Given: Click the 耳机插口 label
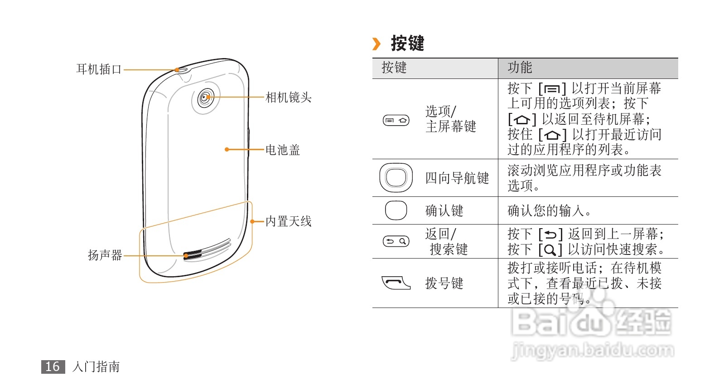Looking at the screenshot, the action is pyautogui.click(x=99, y=69).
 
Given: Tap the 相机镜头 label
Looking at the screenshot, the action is pyautogui.click(x=288, y=98).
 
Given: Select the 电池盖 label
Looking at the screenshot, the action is pyautogui.click(x=283, y=150).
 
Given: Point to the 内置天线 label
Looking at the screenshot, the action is pyautogui.click(x=288, y=221).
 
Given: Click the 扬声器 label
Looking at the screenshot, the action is pyautogui.click(x=105, y=255).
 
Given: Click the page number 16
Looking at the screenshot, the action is pyautogui.click(x=53, y=367).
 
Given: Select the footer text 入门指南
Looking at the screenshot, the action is pyautogui.click(x=96, y=367).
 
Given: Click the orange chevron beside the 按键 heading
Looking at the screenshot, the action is pyautogui.click(x=376, y=44).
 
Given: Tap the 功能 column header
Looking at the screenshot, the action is pyautogui.click(x=520, y=68).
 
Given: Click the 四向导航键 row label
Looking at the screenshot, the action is pyautogui.click(x=457, y=178).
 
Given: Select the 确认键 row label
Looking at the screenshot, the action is pyautogui.click(x=444, y=210).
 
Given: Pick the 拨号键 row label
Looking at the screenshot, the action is pyautogui.click(x=444, y=283).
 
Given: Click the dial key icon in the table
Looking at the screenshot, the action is pyautogui.click(x=396, y=283).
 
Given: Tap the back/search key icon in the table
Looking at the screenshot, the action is pyautogui.click(x=396, y=241).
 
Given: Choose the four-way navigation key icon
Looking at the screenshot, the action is pyautogui.click(x=396, y=177).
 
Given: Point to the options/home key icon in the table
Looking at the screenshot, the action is pyautogui.click(x=396, y=120).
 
